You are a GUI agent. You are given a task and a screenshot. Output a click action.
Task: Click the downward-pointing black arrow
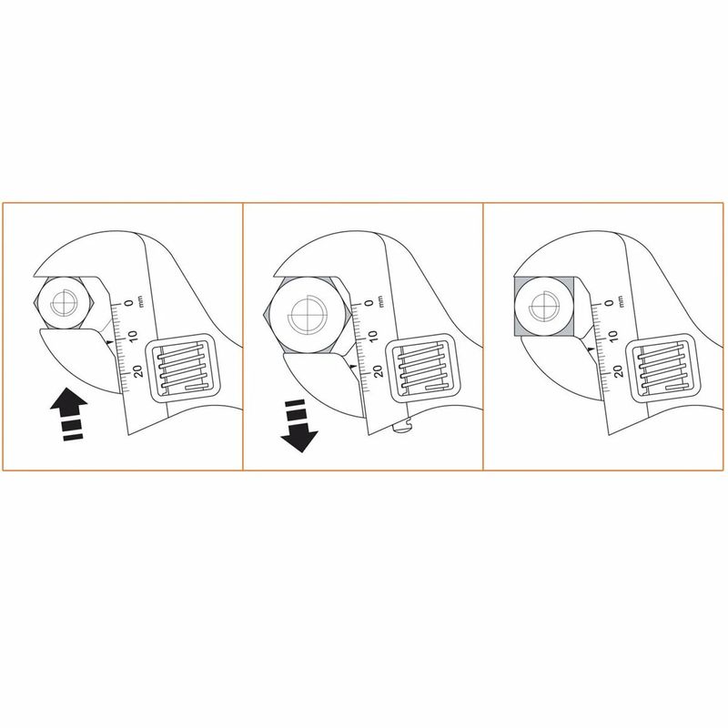tap(299, 426)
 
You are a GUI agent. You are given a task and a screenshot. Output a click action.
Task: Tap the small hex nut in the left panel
tap(65, 303)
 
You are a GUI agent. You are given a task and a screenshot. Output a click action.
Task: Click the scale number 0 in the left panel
tap(129, 303)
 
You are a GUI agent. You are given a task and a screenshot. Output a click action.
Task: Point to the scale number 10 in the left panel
tap(133, 336)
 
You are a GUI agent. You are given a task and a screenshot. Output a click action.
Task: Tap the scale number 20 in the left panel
tap(138, 371)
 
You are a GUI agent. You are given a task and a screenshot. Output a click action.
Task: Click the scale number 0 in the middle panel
tap(369, 303)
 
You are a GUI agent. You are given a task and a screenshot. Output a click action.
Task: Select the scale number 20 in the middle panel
tap(379, 371)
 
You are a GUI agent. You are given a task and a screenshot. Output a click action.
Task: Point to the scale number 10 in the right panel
tap(613, 336)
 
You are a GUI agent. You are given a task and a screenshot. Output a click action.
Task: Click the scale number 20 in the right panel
tap(619, 371)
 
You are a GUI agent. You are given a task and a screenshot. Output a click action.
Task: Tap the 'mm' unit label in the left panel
tap(141, 301)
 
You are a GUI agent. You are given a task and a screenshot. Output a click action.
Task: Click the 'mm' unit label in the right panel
tap(622, 301)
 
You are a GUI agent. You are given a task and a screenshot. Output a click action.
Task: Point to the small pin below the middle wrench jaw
tap(402, 426)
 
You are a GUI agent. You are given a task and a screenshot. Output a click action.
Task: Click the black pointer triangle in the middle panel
tap(353, 367)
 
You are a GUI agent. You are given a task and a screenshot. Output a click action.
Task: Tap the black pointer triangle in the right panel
tap(591, 349)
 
